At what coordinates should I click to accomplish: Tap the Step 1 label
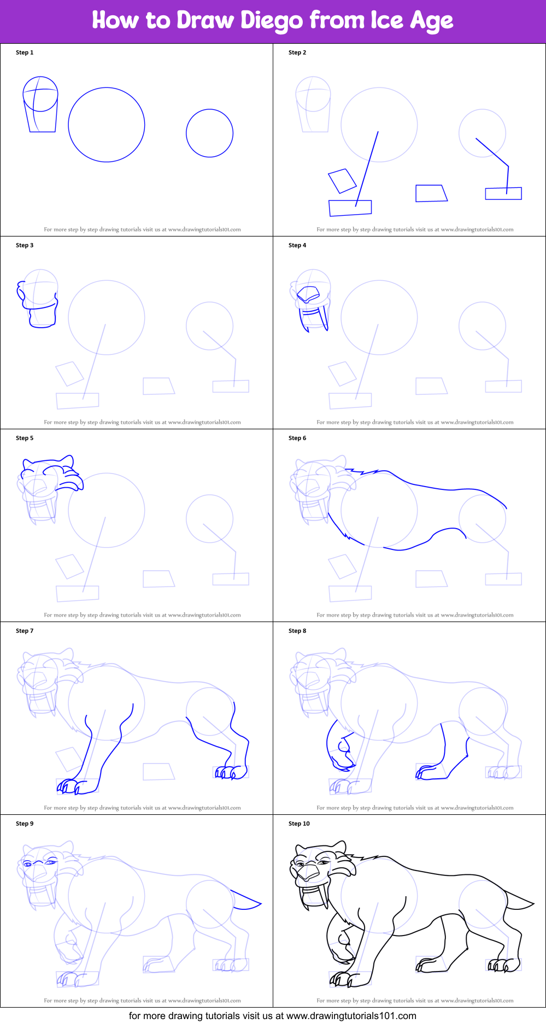pos(25,52)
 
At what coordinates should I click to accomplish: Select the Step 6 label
pos(297,438)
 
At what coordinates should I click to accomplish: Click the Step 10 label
pos(299,824)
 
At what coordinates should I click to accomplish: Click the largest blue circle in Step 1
pos(107,125)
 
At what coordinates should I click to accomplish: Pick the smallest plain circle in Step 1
pos(210,133)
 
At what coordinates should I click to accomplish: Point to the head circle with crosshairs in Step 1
pos(40,94)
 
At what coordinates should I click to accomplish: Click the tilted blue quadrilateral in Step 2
pos(342,181)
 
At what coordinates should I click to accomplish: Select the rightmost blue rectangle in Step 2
pos(503,193)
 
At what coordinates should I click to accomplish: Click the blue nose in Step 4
pos(308,294)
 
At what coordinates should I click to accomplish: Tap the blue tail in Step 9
pos(246,901)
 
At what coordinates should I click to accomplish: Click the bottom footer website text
pos(272,1016)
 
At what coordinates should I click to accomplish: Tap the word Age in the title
pos(431,21)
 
